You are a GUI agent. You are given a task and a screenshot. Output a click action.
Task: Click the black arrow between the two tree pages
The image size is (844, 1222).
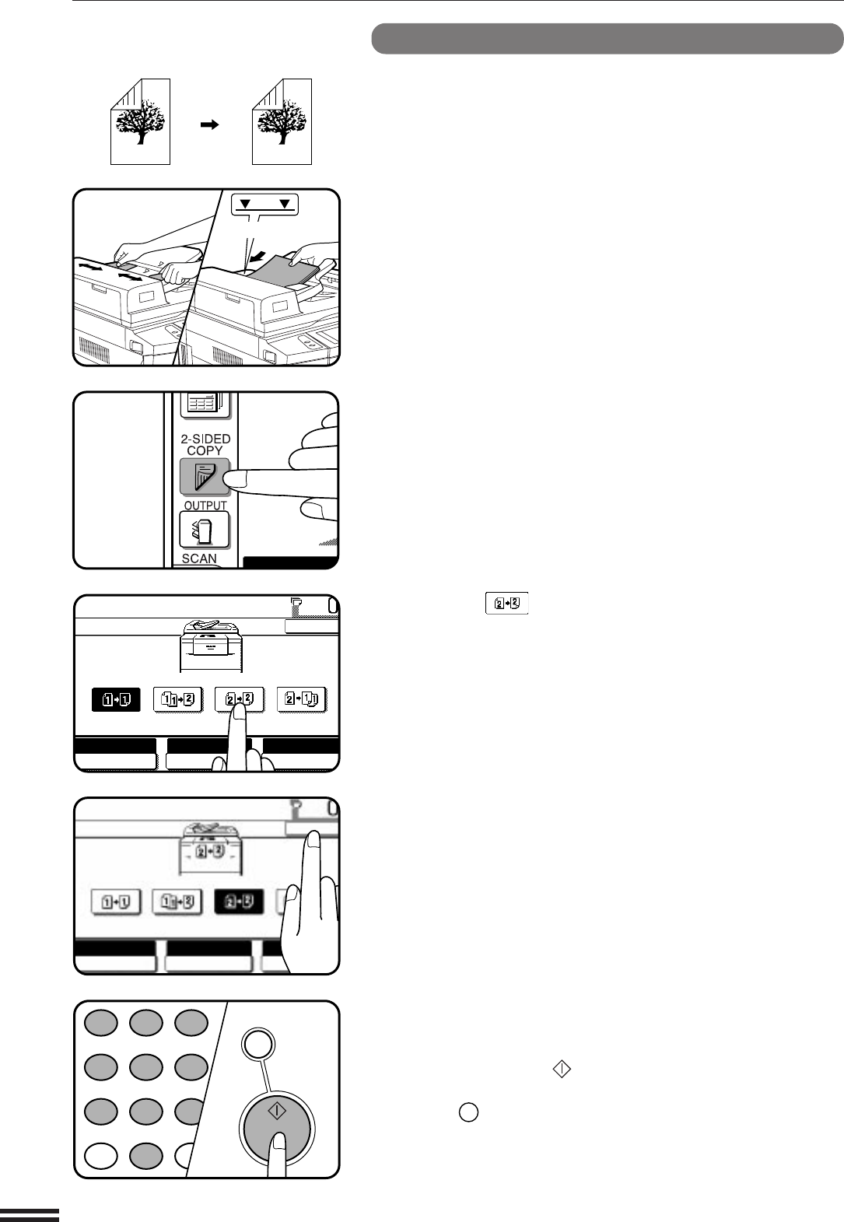pos(209,125)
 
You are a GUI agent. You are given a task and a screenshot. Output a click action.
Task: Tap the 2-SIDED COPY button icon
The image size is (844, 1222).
pos(205,476)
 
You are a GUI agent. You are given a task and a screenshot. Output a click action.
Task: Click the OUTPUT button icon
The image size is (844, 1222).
pos(205,530)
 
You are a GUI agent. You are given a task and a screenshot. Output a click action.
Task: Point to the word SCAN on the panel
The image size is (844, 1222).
pos(199,558)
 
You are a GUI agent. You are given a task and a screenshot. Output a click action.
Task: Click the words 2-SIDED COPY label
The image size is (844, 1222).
pos(205,445)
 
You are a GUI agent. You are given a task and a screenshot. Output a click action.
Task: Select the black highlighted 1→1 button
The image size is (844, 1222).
pos(116,700)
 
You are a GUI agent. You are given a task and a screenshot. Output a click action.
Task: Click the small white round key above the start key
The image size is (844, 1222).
pos(258,1044)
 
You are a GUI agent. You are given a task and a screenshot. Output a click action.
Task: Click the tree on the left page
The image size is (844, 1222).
pos(140,121)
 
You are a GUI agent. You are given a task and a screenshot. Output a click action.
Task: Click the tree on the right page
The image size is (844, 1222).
pos(282,121)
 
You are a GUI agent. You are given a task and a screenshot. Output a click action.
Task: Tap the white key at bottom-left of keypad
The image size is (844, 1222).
pos(101,1155)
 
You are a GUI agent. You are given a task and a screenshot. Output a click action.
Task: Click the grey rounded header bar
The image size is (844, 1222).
pos(608,39)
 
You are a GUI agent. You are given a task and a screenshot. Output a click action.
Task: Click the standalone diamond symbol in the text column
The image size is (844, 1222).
pos(562,1069)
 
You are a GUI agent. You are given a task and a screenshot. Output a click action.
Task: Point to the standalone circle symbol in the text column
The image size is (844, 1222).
pos(468,1112)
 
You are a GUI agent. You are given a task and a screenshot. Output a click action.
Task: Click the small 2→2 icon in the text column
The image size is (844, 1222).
pos(507,604)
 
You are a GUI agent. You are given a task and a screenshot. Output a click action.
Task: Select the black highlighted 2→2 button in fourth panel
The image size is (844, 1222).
pos(238,902)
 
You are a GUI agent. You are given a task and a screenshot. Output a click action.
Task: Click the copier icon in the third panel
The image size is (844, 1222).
pos(211,646)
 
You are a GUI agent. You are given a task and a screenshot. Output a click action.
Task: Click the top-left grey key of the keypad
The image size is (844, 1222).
pos(101,1022)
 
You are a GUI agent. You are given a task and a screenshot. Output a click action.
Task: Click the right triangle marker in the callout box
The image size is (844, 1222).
pos(285,204)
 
